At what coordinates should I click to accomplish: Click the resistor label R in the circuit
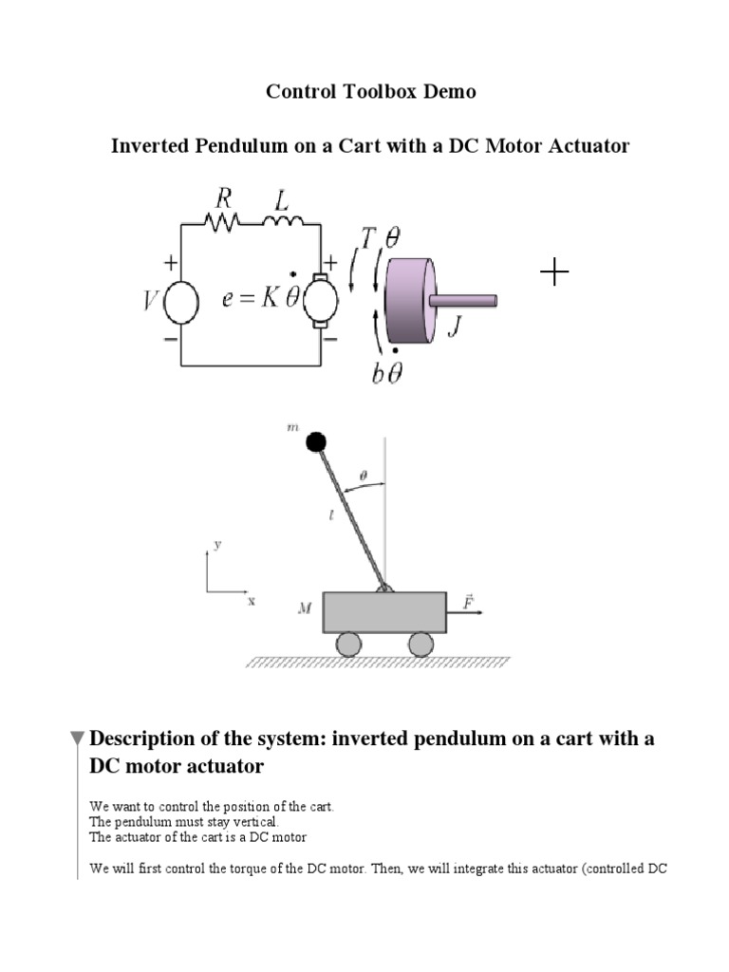click(x=224, y=199)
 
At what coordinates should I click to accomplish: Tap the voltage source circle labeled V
click(x=180, y=305)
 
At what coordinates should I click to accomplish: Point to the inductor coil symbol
click(x=284, y=223)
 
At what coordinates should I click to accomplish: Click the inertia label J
click(x=454, y=327)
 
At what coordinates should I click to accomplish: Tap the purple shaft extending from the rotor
click(x=465, y=300)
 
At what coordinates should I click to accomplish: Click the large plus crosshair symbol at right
click(x=554, y=273)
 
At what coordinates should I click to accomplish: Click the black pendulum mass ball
click(x=316, y=441)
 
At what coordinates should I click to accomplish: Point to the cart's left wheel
click(x=348, y=645)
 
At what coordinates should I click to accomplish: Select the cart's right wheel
click(x=421, y=645)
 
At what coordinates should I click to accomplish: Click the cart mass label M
click(x=305, y=608)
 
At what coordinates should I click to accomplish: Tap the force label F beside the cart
click(x=468, y=602)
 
